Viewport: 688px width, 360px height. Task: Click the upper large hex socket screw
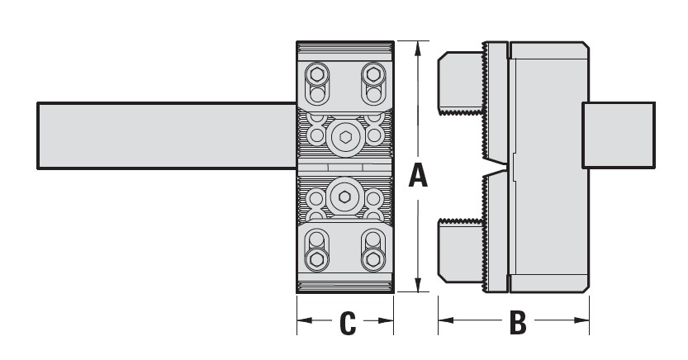point(343,136)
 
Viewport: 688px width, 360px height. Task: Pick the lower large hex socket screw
point(343,197)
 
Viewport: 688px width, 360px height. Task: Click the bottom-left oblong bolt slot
point(316,252)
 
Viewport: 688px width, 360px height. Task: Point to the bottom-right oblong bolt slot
point(373,252)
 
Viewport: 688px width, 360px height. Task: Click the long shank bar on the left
point(165,135)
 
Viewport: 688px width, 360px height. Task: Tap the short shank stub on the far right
point(619,134)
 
